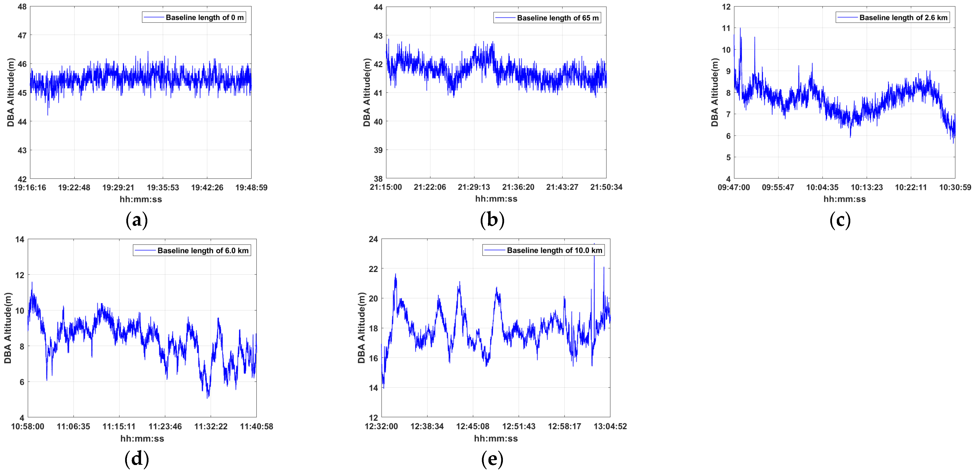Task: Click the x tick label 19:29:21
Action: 118,187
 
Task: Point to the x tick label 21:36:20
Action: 518,187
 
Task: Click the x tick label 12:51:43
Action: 518,426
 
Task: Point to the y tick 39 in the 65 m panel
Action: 378,150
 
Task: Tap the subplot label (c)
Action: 840,220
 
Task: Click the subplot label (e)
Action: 492,459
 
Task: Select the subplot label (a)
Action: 136,220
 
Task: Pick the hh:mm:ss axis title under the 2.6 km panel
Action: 845,199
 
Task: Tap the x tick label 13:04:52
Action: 610,426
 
